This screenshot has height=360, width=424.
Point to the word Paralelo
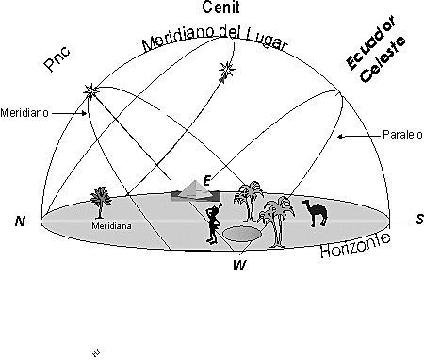[402, 135]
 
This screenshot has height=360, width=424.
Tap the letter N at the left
[19, 221]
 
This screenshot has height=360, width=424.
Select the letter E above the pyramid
[206, 178]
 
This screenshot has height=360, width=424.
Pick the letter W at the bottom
[238, 265]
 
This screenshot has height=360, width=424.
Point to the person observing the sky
[214, 226]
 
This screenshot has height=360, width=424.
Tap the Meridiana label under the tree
[110, 226]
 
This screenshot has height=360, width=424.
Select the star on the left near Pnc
[92, 91]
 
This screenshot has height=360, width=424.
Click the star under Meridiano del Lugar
[226, 69]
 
